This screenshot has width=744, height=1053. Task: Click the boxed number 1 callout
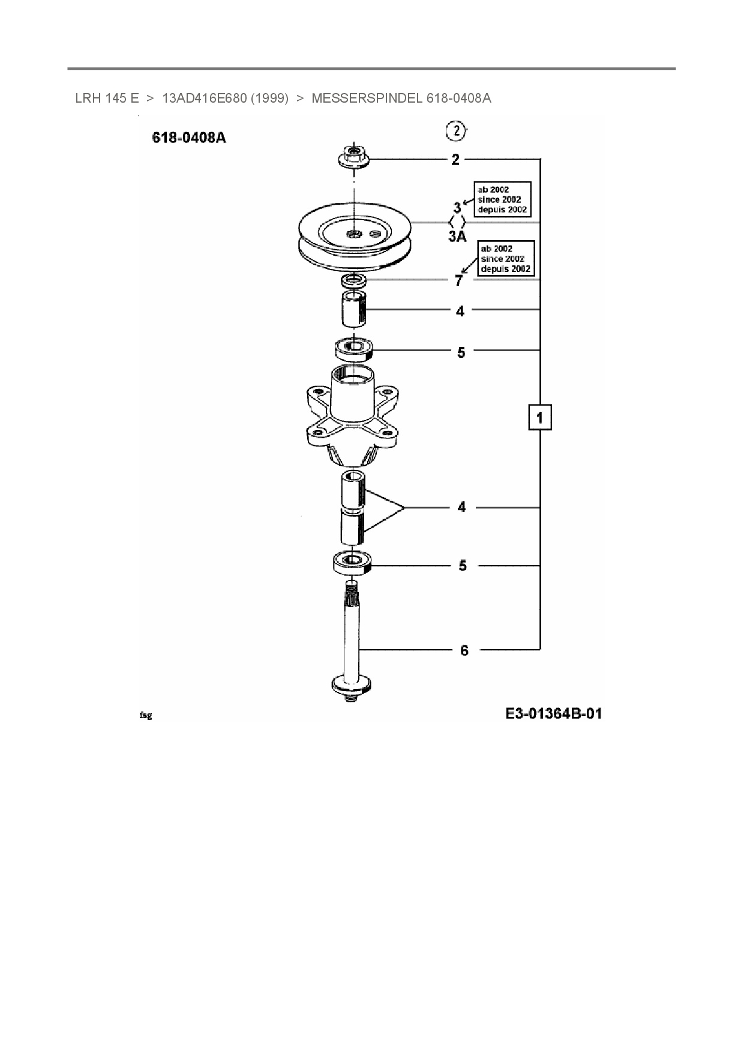(x=540, y=417)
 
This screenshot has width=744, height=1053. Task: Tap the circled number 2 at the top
(x=456, y=130)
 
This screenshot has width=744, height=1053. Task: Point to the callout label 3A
(x=457, y=237)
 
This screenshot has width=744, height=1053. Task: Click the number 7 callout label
(x=459, y=280)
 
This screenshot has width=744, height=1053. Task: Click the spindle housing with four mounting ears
(x=351, y=417)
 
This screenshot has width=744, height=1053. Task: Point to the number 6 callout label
(x=464, y=650)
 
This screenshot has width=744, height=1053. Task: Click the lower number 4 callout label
(x=461, y=507)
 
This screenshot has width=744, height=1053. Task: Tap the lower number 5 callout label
(x=463, y=566)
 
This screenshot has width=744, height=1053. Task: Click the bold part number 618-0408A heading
(x=189, y=137)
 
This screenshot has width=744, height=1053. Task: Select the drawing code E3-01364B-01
(x=553, y=713)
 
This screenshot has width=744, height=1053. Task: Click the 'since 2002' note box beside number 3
(x=502, y=199)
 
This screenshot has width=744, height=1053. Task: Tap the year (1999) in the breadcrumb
(x=269, y=98)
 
